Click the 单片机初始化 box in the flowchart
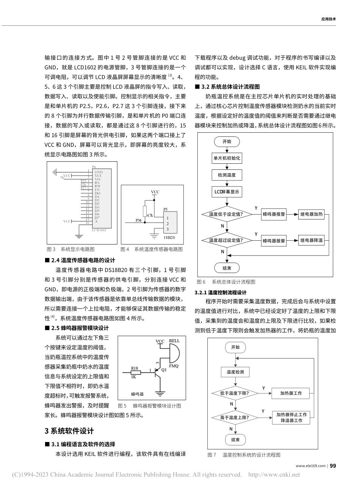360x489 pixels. pyautogui.click(x=227, y=158)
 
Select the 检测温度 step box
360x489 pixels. pyautogui.click(x=227, y=175)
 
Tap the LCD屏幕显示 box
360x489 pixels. pyautogui.click(x=227, y=192)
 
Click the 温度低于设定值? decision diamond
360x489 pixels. pyautogui.click(x=226, y=214)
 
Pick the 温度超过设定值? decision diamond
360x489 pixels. pyautogui.click(x=226, y=240)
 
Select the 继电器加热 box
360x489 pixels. pyautogui.click(x=311, y=214)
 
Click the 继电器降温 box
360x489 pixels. pyautogui.click(x=311, y=240)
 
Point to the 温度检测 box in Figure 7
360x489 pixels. pyautogui.click(x=235, y=372)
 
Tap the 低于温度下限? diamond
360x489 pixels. pyautogui.click(x=235, y=393)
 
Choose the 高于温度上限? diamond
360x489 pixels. pyautogui.click(x=235, y=418)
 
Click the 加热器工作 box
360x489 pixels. pyautogui.click(x=291, y=393)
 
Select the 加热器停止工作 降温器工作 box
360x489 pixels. pyautogui.click(x=291, y=418)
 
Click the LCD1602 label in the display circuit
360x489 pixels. pyautogui.click(x=99, y=230)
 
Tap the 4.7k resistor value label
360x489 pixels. pyautogui.click(x=150, y=215)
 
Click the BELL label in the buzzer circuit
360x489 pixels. pyautogui.click(x=174, y=341)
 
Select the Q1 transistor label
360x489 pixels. pyautogui.click(x=164, y=370)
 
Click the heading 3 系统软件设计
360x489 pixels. pyautogui.click(x=69, y=431)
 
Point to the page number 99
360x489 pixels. pyautogui.click(x=333, y=466)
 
